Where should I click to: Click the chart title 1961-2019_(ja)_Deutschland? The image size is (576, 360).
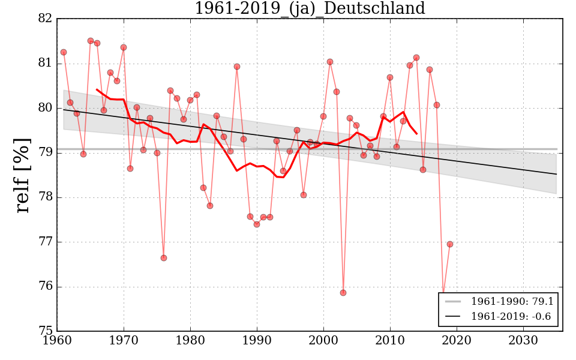310,9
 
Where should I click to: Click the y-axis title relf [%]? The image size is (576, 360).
23,175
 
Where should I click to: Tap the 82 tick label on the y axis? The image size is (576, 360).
46,19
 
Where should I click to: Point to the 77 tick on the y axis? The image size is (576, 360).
46,242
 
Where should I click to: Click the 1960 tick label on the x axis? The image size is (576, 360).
57,341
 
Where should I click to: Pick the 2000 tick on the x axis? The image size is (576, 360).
324,341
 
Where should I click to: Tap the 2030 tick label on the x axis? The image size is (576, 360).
523,341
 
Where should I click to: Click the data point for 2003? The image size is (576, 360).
343,293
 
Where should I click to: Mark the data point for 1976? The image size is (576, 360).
164,258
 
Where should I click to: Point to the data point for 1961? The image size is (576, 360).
64,52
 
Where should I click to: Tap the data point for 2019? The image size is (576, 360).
450,244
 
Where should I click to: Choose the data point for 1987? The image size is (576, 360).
237,67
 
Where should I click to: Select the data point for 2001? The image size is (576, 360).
330,62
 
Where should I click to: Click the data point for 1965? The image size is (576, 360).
91,41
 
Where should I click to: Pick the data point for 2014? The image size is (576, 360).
416,58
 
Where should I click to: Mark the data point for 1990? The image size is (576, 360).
257,224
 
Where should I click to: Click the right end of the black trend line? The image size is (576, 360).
557,174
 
